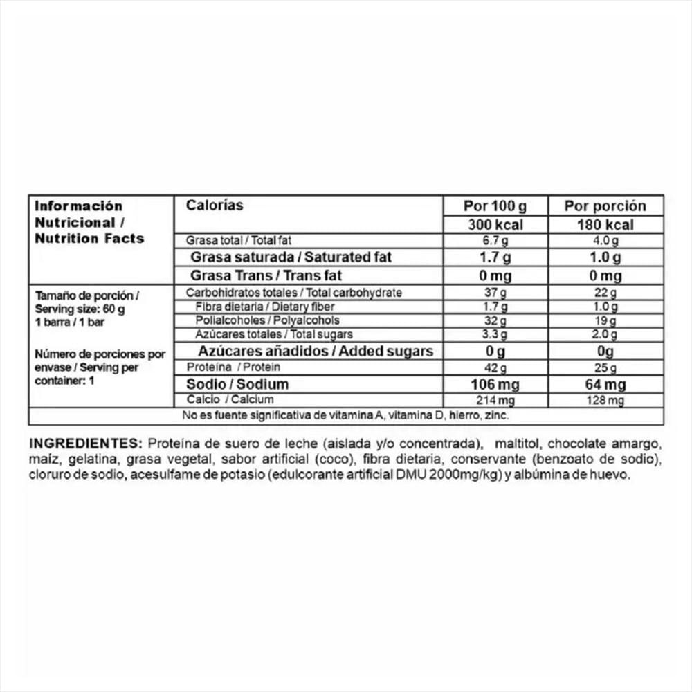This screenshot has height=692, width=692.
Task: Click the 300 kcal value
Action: coord(495,224)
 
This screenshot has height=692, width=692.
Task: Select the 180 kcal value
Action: coord(605,224)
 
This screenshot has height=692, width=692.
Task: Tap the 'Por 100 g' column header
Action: coord(495,206)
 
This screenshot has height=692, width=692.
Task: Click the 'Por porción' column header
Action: coord(605,206)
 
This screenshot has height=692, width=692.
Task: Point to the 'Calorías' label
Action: coord(215,206)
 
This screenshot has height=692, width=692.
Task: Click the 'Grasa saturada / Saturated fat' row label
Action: coord(291,257)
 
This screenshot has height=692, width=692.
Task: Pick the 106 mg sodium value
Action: coord(495,384)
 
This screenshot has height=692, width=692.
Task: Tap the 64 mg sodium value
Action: coord(605,384)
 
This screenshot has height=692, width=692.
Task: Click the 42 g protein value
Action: coord(495,367)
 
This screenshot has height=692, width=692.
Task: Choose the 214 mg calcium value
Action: coord(495,400)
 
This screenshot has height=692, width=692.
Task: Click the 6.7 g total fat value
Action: coord(495,240)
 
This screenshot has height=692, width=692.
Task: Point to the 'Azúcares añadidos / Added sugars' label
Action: coord(316,351)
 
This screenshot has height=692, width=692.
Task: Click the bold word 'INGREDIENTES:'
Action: coord(85,443)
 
